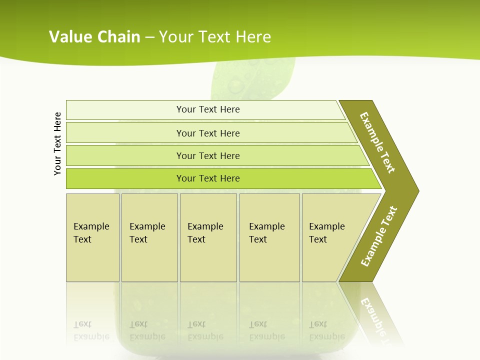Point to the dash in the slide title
(x=149, y=37)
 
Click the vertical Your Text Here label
(x=57, y=143)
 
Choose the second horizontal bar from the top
(x=207, y=133)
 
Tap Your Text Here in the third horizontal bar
(x=208, y=155)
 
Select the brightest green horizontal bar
(x=208, y=178)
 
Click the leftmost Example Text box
(x=92, y=237)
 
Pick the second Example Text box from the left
(x=149, y=237)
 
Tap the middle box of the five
(x=208, y=237)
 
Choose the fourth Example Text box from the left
(x=269, y=237)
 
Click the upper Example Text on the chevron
(x=377, y=142)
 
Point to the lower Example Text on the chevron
(x=378, y=236)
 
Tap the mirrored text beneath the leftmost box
(x=91, y=330)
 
